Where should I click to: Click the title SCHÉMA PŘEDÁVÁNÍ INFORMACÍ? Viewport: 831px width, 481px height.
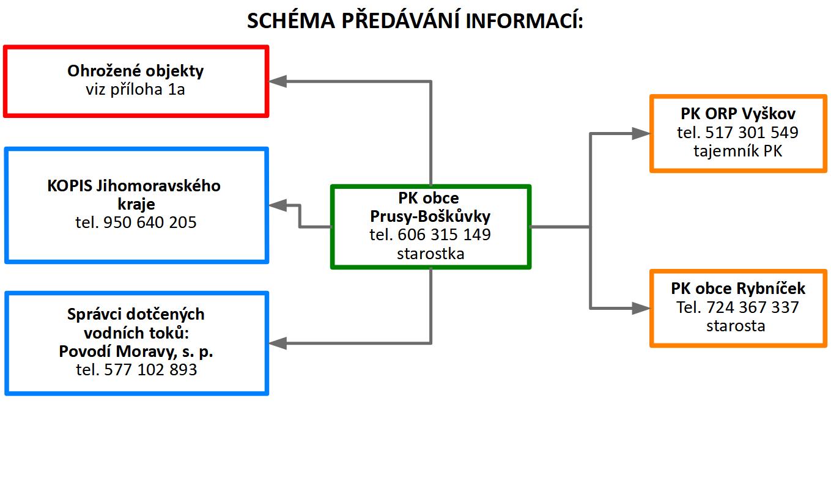[x=415, y=20]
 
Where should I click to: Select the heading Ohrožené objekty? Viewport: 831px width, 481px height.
[x=135, y=71]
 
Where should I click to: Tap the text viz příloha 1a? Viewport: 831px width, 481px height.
[x=135, y=89]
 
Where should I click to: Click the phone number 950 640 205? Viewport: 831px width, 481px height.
[x=150, y=222]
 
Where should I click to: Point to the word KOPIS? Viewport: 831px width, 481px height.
[x=70, y=186]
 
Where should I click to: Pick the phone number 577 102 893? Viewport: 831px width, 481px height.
[x=150, y=370]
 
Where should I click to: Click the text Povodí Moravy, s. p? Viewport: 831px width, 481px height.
[x=136, y=351]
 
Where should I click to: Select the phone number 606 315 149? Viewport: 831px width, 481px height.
[x=444, y=235]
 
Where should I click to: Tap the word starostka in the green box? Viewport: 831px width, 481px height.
[x=430, y=254]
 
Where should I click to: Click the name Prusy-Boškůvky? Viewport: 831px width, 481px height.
[x=430, y=216]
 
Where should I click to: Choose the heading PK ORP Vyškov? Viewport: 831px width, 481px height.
[x=738, y=114]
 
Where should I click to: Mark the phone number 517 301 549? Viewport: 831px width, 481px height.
[x=752, y=133]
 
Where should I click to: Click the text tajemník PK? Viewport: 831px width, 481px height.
[x=738, y=152]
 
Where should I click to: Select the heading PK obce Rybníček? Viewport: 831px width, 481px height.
[x=738, y=288]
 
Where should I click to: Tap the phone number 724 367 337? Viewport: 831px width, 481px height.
[x=752, y=307]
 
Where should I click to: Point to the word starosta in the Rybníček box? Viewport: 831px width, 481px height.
[x=736, y=326]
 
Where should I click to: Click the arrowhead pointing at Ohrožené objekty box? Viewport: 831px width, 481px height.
[x=278, y=81]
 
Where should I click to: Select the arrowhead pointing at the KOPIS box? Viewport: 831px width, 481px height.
[x=278, y=205]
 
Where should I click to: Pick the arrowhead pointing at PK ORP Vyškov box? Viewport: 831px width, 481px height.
[x=641, y=133]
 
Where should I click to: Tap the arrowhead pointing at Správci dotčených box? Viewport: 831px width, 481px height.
[x=278, y=343]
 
